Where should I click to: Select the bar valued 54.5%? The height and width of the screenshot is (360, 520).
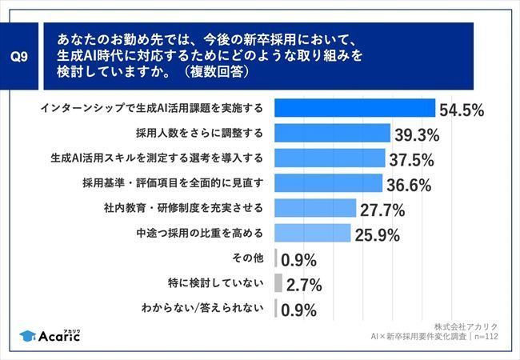coord(354,108)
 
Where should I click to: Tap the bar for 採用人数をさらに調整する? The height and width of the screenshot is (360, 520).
coord(332,133)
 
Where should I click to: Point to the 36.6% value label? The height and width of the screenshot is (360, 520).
coord(409,184)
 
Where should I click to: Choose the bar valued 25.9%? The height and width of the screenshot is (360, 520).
coord(313,234)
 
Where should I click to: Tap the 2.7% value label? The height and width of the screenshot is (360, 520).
coord(303,285)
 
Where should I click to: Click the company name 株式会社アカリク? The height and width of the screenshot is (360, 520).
coord(466,326)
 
